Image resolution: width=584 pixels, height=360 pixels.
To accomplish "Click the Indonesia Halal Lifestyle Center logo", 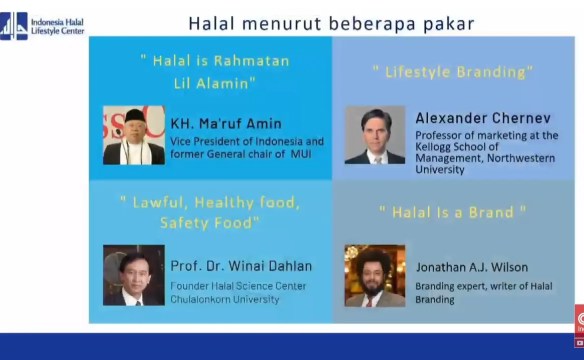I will click(42, 26).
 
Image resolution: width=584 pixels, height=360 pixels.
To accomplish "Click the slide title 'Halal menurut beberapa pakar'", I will click(331, 23).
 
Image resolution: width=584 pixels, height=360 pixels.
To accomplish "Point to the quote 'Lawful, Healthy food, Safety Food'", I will click(209, 212).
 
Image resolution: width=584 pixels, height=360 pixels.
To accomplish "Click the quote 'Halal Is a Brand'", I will click(452, 212).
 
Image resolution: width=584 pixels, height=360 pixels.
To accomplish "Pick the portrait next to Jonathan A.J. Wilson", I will click(375, 275).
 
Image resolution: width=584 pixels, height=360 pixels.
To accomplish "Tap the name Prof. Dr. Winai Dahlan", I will click(241, 266).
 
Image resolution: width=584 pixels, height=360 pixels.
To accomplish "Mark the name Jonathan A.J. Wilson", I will click(472, 267).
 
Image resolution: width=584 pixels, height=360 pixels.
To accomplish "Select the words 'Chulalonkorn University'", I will click(228, 297).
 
